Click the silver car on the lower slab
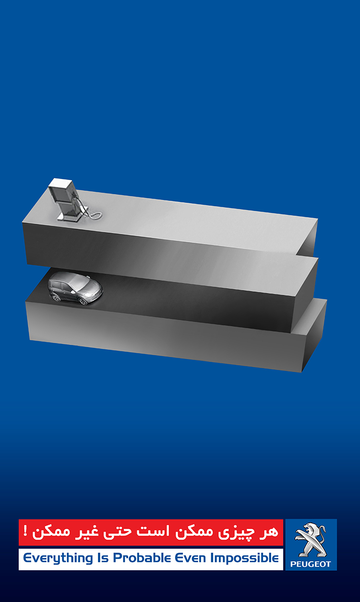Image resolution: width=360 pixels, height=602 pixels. tap(75, 288)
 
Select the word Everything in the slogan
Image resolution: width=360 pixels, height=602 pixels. tap(58, 559)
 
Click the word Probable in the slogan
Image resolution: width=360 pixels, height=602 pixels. tap(142, 558)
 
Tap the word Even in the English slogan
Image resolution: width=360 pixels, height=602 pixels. tap(191, 558)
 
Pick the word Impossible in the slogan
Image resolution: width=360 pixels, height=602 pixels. tap(244, 559)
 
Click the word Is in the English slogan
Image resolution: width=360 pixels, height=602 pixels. tap(103, 558)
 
